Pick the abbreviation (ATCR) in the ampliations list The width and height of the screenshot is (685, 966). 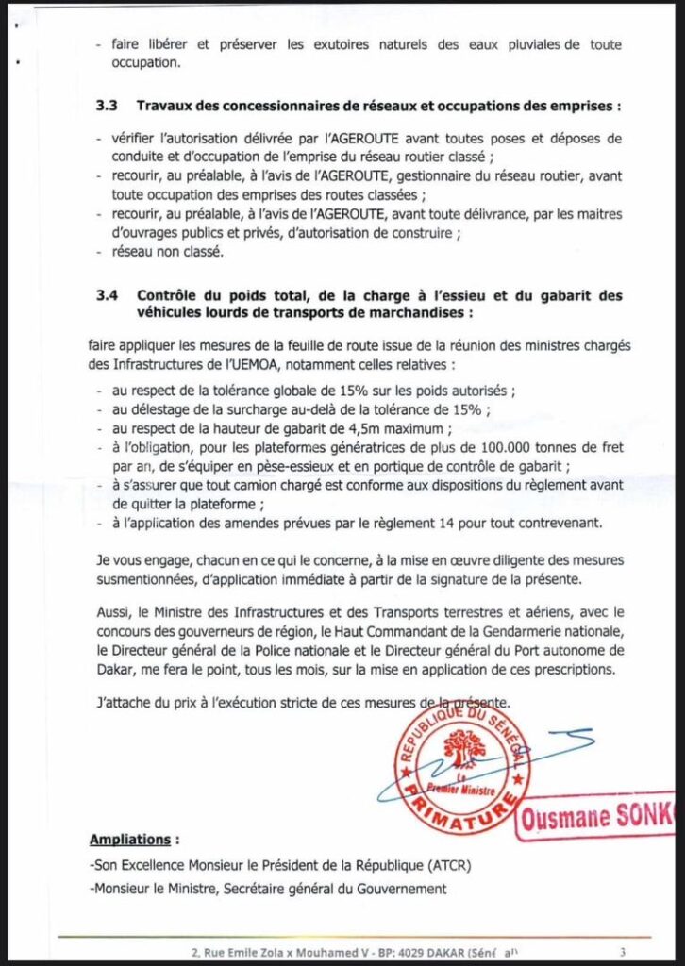476,865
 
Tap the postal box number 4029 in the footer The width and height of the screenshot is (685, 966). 377,951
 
